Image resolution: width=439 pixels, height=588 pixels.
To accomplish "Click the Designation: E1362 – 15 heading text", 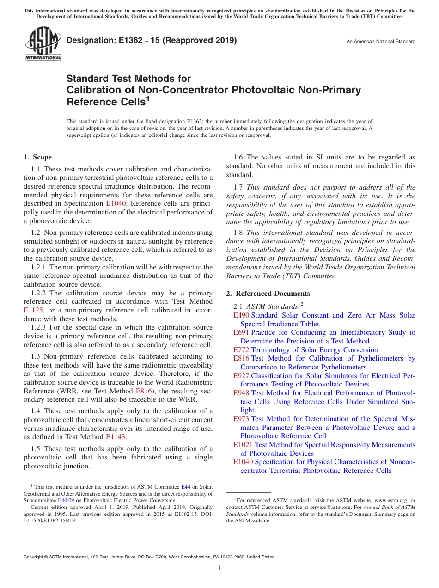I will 152,41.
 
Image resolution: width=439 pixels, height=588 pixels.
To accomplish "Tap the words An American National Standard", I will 381,42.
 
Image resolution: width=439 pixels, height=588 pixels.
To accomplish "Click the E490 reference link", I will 241,315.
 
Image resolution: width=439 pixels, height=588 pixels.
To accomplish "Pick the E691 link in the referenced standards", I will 241,332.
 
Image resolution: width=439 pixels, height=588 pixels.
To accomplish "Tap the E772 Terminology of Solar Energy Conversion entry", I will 305,350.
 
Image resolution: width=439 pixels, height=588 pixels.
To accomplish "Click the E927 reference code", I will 241,376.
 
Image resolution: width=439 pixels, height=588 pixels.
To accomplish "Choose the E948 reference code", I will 241,393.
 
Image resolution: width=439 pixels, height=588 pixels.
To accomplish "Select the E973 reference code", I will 241,419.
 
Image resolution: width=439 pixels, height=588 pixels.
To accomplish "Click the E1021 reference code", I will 243,445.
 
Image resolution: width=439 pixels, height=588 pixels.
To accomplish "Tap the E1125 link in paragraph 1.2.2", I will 33,311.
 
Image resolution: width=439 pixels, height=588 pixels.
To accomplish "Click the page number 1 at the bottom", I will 219,568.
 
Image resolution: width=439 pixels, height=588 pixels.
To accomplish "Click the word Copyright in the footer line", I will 35,557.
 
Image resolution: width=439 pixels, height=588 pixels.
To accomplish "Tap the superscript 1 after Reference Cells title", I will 147,98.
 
